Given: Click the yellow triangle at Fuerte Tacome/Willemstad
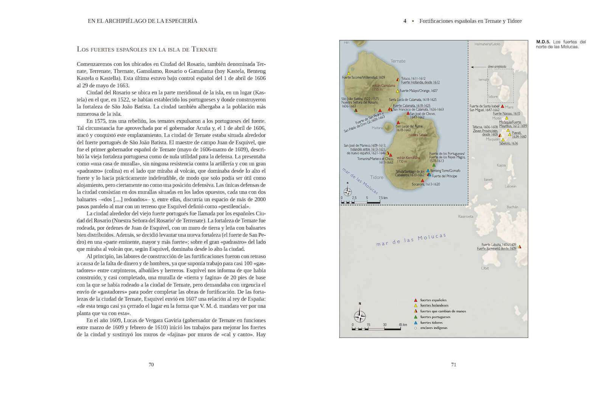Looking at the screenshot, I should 349,73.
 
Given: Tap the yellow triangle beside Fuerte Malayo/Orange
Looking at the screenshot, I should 397,91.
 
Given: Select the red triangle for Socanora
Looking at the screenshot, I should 422,180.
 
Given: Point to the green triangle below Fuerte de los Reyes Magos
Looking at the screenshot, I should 434,165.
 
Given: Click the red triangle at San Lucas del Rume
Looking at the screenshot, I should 398,123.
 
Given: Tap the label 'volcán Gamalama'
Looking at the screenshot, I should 383,85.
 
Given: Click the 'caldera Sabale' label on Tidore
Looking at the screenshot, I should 418,135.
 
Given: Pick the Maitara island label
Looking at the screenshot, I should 377,128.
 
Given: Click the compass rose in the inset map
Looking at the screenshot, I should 347,191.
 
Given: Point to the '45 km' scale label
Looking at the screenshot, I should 403,325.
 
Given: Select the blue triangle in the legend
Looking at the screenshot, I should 416,323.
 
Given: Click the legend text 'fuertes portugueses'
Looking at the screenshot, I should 435,317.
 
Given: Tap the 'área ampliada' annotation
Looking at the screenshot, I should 497,67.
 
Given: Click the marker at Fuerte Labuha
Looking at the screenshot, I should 520,247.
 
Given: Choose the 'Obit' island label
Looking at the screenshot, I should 485,268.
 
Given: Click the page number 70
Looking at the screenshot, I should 151,365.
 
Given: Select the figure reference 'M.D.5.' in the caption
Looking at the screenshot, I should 543,42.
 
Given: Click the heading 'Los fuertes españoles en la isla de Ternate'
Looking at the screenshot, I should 147,49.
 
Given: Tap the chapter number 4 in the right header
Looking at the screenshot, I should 405,21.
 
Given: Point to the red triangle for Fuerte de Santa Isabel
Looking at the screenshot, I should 503,106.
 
